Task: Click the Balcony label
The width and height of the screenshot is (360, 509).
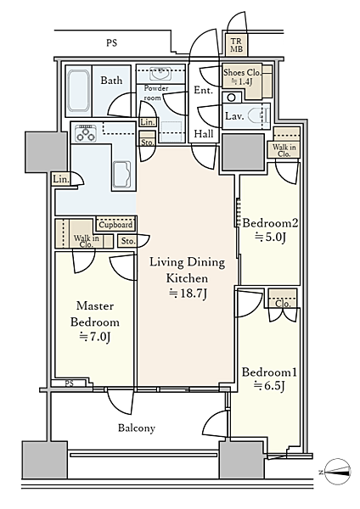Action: pos(137,428)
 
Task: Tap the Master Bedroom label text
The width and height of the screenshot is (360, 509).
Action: pos(95,314)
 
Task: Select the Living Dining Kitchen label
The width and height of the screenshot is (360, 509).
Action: pos(187,270)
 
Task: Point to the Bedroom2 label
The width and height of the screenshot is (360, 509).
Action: pos(270,223)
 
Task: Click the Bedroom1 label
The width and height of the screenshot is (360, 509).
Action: pos(269,372)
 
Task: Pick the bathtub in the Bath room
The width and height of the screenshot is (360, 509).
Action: pos(78,91)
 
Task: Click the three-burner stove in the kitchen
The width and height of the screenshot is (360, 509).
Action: pos(86,133)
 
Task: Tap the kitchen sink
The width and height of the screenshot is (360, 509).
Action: pos(122,174)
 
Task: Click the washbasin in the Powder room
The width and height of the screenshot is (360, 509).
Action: pos(160,74)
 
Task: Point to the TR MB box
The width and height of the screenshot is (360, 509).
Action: pos(236,45)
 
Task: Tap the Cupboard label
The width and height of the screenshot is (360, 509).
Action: pos(115,224)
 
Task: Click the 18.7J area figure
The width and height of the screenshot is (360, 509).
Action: pos(188,294)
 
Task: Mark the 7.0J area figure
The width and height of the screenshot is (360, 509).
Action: pos(95,338)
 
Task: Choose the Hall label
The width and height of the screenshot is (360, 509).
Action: pos(204,133)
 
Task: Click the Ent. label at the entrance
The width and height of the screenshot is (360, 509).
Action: pos(203,90)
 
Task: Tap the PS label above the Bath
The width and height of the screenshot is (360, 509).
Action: pos(111,43)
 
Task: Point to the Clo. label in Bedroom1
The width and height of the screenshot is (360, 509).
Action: pos(283,304)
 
